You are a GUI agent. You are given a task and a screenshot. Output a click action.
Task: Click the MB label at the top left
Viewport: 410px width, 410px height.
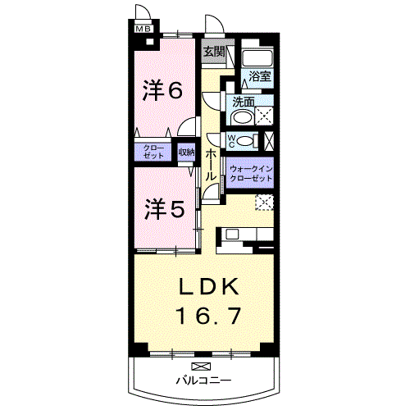(x=143, y=30)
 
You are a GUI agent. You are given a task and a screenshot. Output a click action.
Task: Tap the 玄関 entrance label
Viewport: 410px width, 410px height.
(x=213, y=51)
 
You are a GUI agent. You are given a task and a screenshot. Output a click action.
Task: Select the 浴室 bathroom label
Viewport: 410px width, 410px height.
(x=261, y=76)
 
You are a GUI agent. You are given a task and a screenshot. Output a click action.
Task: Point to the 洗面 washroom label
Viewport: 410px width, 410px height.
(x=243, y=103)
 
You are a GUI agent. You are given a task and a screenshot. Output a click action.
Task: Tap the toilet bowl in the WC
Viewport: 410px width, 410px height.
(x=250, y=141)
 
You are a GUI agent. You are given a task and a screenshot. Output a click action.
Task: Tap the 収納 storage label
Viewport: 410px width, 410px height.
(x=186, y=152)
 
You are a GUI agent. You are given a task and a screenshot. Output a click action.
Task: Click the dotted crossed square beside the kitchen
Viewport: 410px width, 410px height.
(x=264, y=203)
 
